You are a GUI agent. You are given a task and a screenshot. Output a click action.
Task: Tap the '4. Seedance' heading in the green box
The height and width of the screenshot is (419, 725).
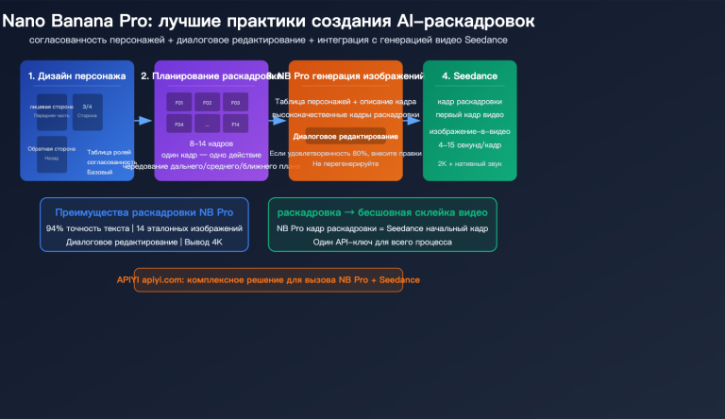[x=469, y=75]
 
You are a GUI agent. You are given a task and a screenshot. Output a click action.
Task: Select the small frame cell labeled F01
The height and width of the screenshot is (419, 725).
[x=178, y=102]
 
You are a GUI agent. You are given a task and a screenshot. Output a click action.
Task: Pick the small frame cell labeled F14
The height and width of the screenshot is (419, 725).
[x=235, y=125]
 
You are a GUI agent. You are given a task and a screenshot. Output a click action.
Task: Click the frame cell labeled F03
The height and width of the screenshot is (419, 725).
[x=235, y=102]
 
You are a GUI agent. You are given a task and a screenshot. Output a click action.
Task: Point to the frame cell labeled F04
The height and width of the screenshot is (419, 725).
[x=178, y=125]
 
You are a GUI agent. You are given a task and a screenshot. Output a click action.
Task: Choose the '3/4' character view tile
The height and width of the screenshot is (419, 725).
[x=88, y=111]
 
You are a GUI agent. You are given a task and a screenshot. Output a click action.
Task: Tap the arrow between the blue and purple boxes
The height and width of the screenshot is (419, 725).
[x=143, y=121]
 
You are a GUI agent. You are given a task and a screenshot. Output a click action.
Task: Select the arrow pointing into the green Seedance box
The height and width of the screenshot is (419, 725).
[x=411, y=121]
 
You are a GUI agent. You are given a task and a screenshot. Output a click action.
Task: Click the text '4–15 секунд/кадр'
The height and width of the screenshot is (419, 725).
[x=469, y=143]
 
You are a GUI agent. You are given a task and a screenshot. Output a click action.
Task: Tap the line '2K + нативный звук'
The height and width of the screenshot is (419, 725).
[x=469, y=162]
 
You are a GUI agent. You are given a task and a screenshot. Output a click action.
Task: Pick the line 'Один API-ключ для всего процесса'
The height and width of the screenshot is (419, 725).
[x=382, y=242]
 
